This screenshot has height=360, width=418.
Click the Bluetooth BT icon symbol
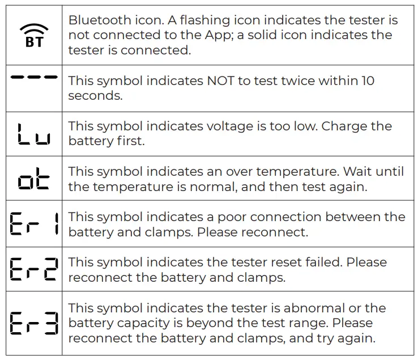coord(34,35)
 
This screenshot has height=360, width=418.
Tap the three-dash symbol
coord(34,77)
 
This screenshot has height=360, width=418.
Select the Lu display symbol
coord(33,134)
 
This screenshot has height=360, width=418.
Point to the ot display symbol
coord(33,179)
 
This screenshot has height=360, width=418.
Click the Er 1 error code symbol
coord(33,224)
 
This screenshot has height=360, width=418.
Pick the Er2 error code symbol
coord(33,269)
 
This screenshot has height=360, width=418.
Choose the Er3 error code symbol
coord(33,324)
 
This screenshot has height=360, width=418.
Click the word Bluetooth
coord(97,20)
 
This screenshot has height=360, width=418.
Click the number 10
coord(368,81)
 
